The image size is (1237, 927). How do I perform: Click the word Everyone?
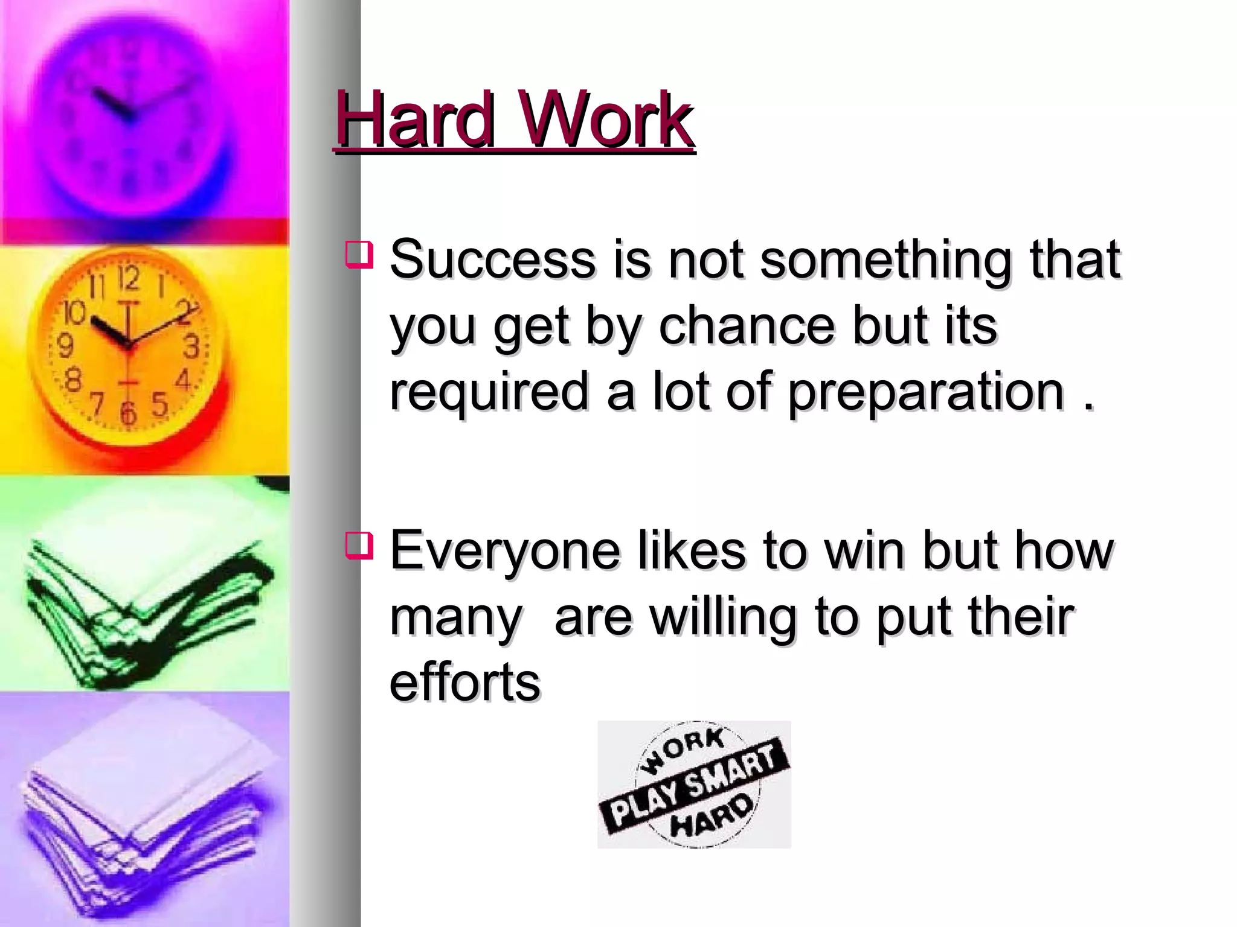[x=505, y=550]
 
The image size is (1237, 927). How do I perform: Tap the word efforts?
[x=464, y=683]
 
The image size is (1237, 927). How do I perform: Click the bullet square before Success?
[x=359, y=254]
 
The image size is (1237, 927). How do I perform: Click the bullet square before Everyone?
[x=359, y=544]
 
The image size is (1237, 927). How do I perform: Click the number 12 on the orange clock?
[x=128, y=278]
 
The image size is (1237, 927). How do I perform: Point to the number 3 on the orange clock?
[x=191, y=347]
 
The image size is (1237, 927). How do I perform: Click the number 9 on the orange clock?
[x=65, y=346]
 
